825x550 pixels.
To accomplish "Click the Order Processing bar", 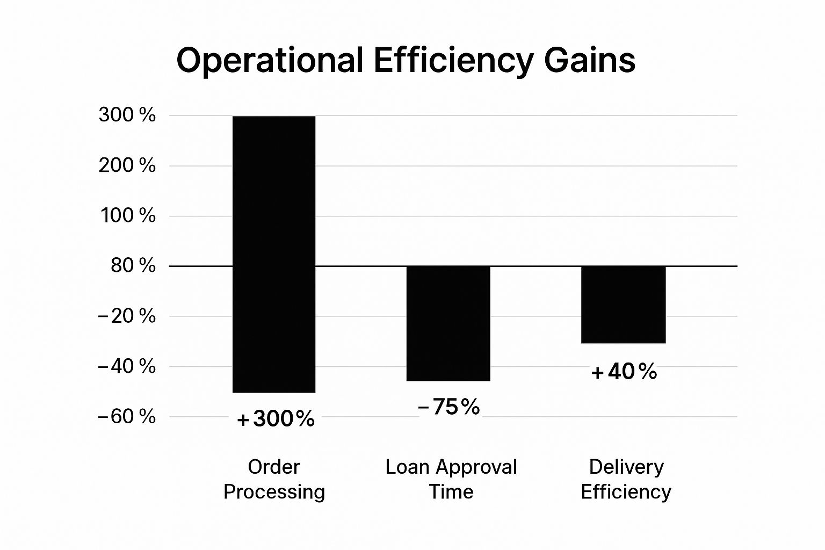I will click(274, 254).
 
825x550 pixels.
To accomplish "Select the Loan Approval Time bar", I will click(448, 323).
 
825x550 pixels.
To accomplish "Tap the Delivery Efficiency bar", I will click(624, 305).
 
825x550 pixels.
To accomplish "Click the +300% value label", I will click(276, 419).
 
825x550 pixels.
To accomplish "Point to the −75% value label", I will click(449, 407).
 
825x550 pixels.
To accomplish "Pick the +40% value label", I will click(624, 372).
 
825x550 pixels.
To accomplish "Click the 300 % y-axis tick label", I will click(127, 115).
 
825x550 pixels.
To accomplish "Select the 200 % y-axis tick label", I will click(127, 165).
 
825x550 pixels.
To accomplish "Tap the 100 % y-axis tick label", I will click(128, 216).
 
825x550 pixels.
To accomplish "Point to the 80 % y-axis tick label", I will click(133, 265).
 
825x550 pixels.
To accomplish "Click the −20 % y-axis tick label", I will click(127, 316).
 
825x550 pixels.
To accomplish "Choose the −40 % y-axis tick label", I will click(127, 366).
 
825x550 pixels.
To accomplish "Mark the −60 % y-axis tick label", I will click(127, 416).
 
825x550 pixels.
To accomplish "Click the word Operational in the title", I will click(270, 61).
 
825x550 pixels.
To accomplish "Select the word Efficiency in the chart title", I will click(453, 61).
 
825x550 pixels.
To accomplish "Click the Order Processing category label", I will click(274, 479).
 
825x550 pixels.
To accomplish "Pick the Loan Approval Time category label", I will click(451, 479).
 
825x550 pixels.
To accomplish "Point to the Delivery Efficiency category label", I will click(626, 479).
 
